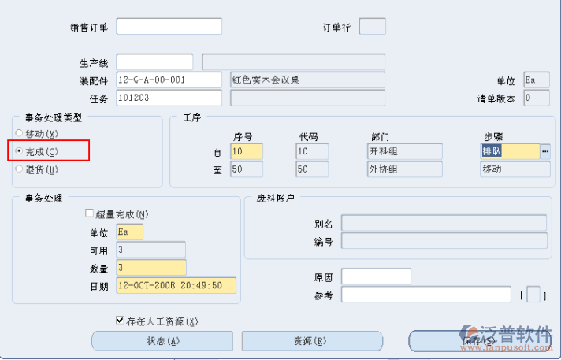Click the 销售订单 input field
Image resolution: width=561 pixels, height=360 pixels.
169,27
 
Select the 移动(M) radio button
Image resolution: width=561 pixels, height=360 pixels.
19,133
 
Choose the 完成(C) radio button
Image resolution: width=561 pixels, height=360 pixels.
19,150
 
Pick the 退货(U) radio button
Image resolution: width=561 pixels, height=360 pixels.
19,168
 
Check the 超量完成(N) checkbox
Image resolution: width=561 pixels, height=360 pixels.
89,213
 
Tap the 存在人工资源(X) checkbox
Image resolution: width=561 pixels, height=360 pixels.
120,321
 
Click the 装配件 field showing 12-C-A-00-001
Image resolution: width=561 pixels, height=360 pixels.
169,80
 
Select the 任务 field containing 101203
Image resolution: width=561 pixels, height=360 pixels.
169,98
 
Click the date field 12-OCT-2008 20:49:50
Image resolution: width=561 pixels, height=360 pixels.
176,285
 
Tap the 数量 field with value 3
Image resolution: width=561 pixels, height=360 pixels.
150,267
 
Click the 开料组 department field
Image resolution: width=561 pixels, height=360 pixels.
404,151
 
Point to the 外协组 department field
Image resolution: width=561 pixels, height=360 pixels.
404,169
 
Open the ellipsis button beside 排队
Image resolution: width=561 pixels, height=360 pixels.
544,151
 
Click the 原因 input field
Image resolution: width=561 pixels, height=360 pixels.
376,276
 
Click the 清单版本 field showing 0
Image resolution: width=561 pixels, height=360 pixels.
537,98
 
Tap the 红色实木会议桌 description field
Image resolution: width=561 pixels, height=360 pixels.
307,80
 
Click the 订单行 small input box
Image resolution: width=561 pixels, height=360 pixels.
372,27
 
